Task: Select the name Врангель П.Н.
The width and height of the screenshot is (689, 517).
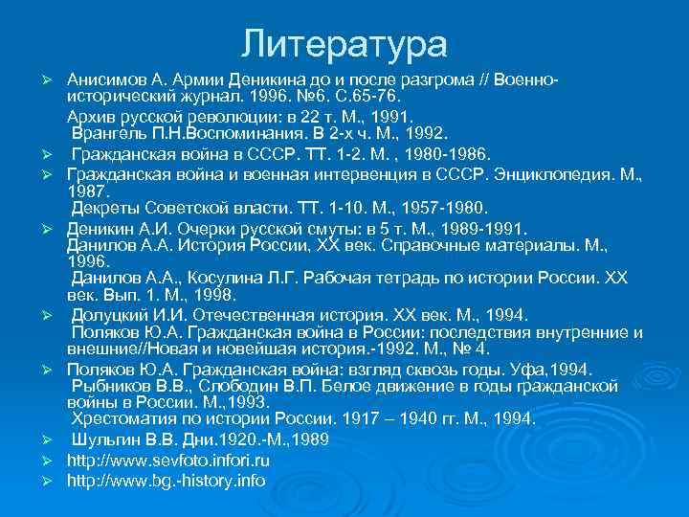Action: coord(128,134)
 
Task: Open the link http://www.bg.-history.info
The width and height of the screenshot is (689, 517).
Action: coord(166,480)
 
